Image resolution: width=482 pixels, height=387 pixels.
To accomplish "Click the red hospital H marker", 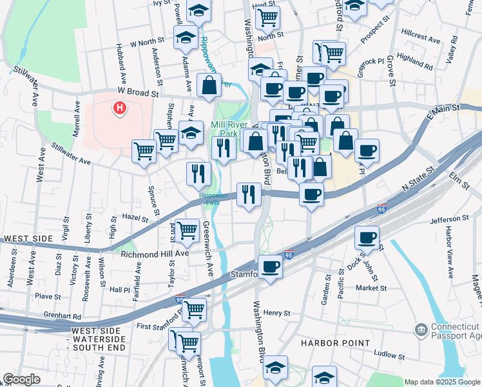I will click(x=119, y=108).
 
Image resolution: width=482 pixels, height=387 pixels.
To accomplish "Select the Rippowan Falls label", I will click(x=213, y=199).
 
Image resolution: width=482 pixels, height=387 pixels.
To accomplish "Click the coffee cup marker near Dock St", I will click(x=367, y=237).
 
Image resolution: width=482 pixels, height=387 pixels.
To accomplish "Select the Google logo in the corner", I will click(x=21, y=379).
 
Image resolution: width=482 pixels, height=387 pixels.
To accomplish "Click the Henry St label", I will click(x=278, y=313).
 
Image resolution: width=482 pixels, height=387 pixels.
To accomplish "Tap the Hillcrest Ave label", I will click(x=419, y=39).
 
